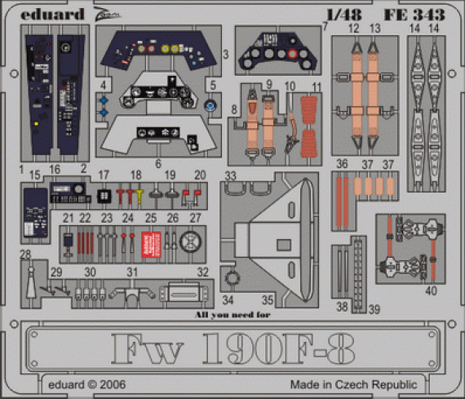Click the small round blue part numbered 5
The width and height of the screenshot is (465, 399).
(x=211, y=104)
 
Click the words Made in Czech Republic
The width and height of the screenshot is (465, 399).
(x=353, y=384)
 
